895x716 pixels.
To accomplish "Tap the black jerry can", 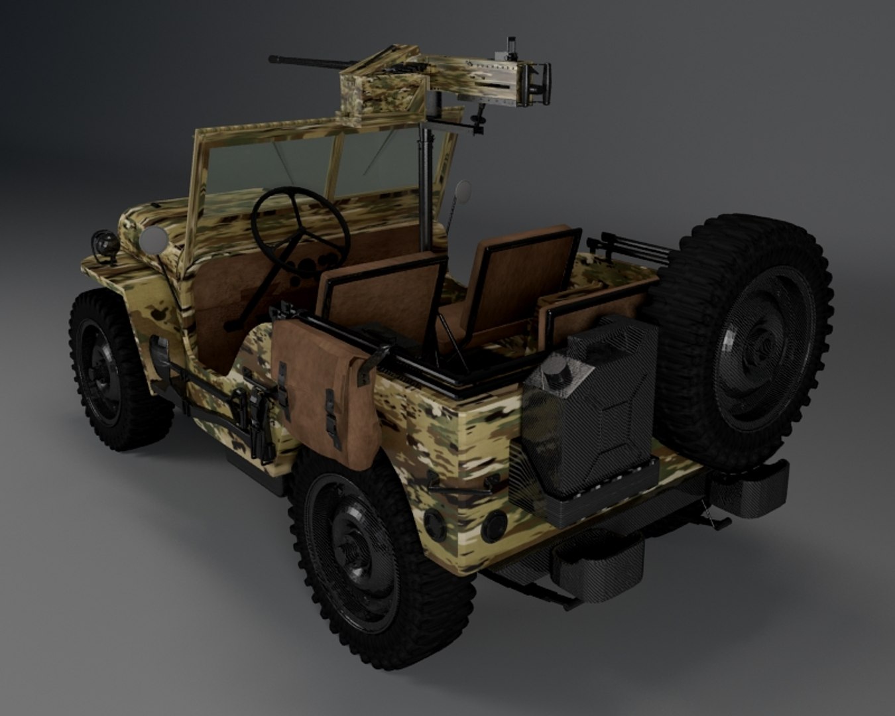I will pos(590,411).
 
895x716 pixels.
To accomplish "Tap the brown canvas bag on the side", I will pos(325,391).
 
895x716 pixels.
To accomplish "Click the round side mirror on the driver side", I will pos(153,240).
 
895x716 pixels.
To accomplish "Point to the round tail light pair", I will pos(464,524).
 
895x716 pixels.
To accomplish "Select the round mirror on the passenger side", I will pos(463,190).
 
